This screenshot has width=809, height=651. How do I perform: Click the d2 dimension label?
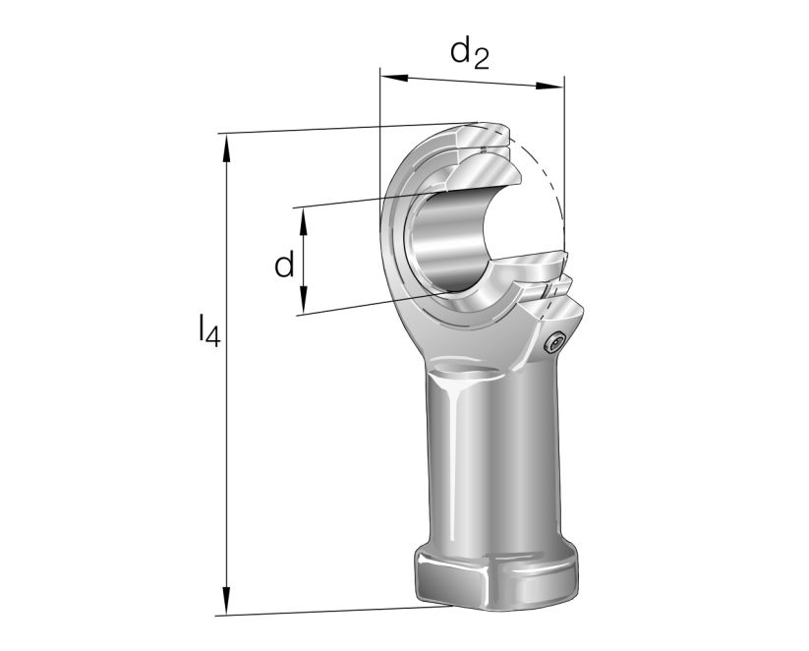pyautogui.click(x=469, y=54)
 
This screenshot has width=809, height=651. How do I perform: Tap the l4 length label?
pyautogui.click(x=208, y=331)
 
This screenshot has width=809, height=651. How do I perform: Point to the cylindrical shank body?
pyautogui.click(x=491, y=452)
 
